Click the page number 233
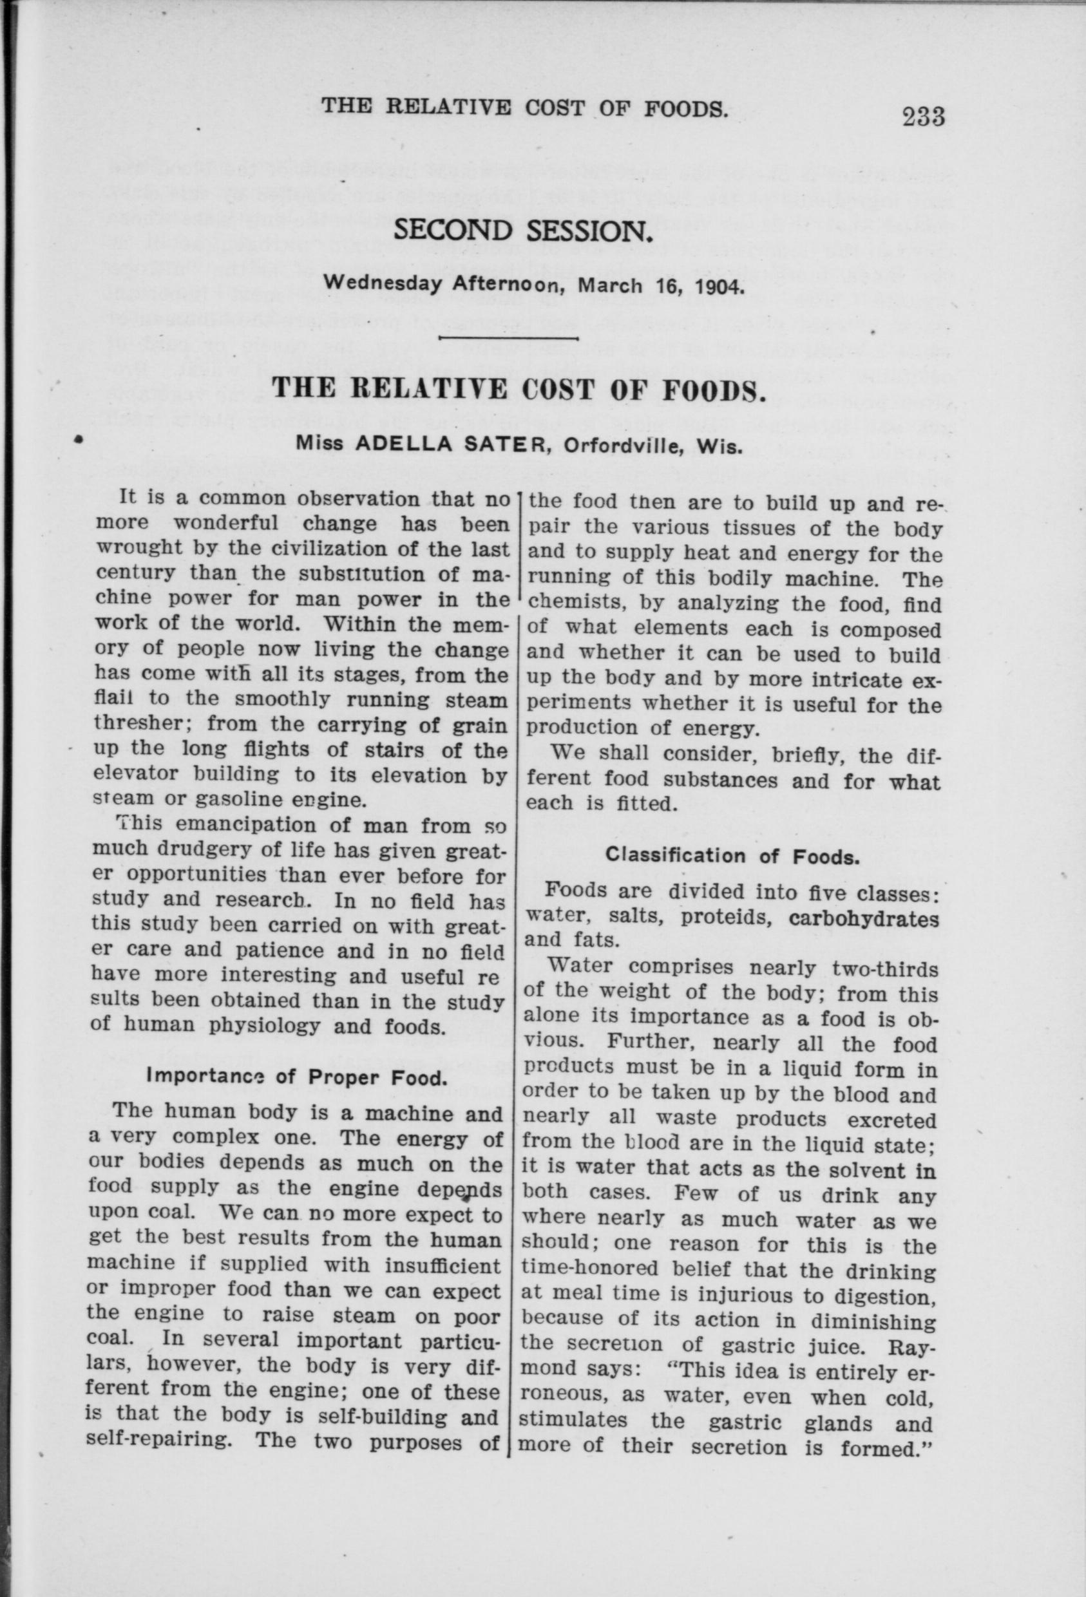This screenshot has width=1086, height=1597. pos(924,116)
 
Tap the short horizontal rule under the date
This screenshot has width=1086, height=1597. pos(508,339)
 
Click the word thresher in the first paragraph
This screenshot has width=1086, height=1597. pos(142,725)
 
